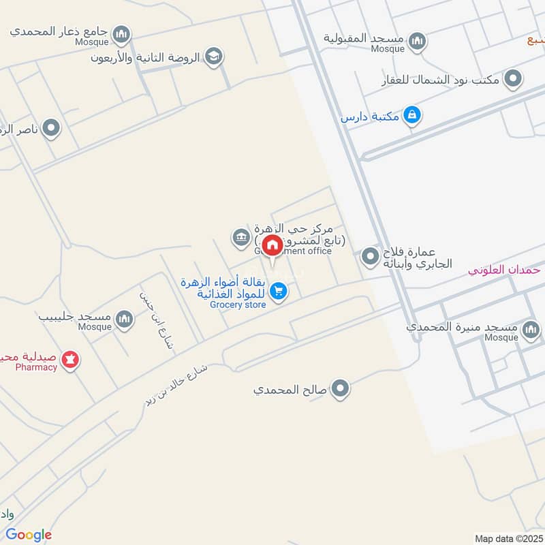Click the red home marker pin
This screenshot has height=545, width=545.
coord(272,245)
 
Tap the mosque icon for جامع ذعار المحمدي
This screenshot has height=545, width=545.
coord(121,33)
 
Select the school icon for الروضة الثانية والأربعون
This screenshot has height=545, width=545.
coord(214,57)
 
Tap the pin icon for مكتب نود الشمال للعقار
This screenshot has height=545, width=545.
coord(513,79)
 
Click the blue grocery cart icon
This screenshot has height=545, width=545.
coord(278,292)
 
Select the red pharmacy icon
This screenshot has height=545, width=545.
coord(70,358)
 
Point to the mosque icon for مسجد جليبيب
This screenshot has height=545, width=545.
coord(124,318)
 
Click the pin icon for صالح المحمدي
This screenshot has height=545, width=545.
coord(340,390)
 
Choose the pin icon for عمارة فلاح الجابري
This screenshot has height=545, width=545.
coord(370,257)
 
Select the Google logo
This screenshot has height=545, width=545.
coord(29,535)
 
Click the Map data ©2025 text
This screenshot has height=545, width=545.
coord(508,538)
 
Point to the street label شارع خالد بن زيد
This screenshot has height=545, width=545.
coord(175,386)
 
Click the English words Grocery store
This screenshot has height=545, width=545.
coord(238,305)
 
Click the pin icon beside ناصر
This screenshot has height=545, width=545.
coord(51,127)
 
